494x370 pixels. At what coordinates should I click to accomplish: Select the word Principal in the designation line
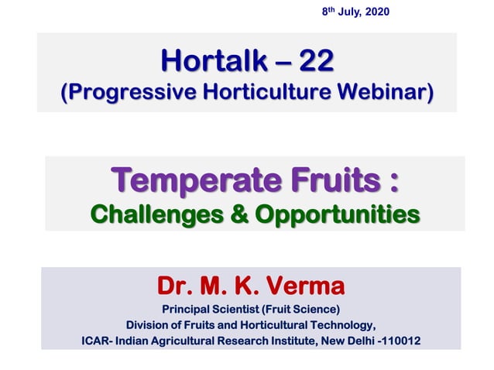coord(196,310)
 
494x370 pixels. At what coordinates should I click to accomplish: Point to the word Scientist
coord(247,310)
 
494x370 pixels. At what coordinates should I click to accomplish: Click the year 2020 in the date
coord(377,12)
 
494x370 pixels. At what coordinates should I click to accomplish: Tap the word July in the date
coord(350,12)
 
